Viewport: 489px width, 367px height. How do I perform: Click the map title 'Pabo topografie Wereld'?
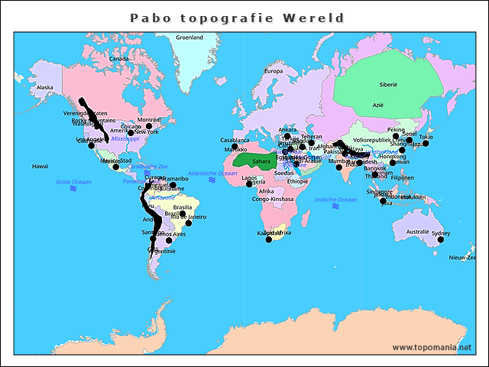click(237, 18)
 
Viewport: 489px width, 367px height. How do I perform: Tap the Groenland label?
click(189, 37)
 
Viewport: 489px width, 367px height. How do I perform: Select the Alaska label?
click(45, 87)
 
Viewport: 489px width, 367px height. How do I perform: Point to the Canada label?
click(118, 58)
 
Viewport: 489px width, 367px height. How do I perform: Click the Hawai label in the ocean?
click(40, 166)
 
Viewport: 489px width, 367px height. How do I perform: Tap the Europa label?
click(273, 71)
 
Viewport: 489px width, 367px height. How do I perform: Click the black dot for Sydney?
click(441, 240)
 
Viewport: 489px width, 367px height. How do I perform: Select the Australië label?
click(417, 231)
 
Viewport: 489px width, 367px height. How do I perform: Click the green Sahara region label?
click(261, 161)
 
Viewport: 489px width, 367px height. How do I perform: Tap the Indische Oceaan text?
click(336, 199)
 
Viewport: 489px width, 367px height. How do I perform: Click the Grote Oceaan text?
click(73, 181)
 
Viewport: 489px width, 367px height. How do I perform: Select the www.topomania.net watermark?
click(432, 347)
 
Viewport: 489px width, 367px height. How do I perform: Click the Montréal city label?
click(148, 120)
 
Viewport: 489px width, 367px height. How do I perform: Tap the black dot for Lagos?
click(250, 183)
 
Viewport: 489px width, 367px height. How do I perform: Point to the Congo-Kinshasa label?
click(273, 199)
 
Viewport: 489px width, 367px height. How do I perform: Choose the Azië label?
click(378, 104)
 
